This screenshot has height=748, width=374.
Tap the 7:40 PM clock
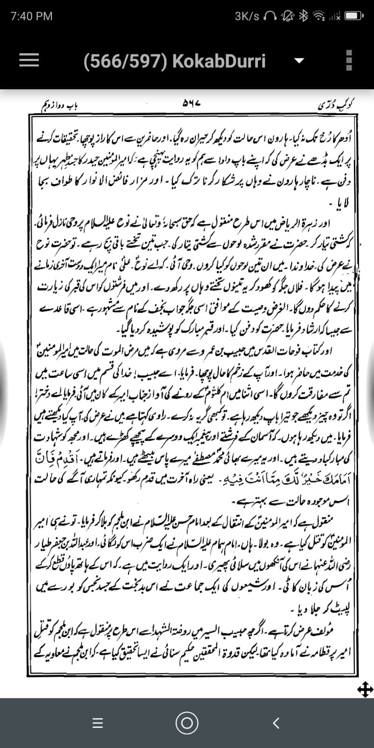pyautogui.click(x=31, y=16)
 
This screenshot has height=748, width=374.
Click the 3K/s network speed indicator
pyautogui.click(x=247, y=16)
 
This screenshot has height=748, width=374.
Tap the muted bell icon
pyautogui.click(x=286, y=16)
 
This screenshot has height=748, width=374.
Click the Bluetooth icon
pyautogui.click(x=303, y=16)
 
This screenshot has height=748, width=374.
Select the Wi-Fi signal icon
pyautogui.click(x=319, y=16)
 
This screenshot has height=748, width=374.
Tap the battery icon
pyautogui.click(x=354, y=16)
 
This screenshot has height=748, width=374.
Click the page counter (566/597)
pyautogui.click(x=125, y=61)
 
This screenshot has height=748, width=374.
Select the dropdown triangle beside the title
pyautogui.click(x=299, y=61)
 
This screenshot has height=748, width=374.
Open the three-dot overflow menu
pyautogui.click(x=348, y=60)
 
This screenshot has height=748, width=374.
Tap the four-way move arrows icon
pyautogui.click(x=365, y=689)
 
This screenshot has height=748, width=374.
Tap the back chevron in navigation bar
pyautogui.click(x=276, y=723)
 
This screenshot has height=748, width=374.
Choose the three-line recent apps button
pyautogui.click(x=97, y=723)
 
